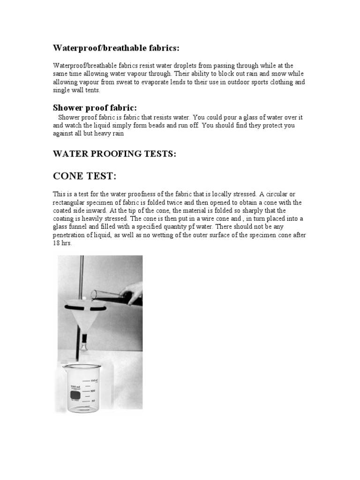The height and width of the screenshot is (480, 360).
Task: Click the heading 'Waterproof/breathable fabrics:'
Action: tap(116, 48)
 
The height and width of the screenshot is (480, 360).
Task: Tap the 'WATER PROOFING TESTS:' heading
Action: tap(114, 154)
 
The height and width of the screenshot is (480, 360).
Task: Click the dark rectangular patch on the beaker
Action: tap(75, 397)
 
